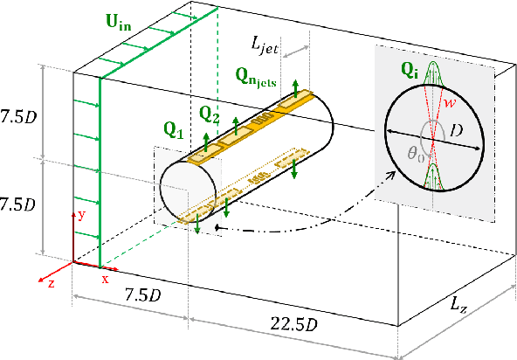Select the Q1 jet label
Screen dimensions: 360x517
pyautogui.click(x=174, y=133)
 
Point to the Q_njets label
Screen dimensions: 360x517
pyautogui.click(x=255, y=78)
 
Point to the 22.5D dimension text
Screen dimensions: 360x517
pyautogui.click(x=289, y=324)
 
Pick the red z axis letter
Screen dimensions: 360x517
pyautogui.click(x=51, y=283)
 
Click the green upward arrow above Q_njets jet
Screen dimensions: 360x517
pyautogui.click(x=296, y=86)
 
